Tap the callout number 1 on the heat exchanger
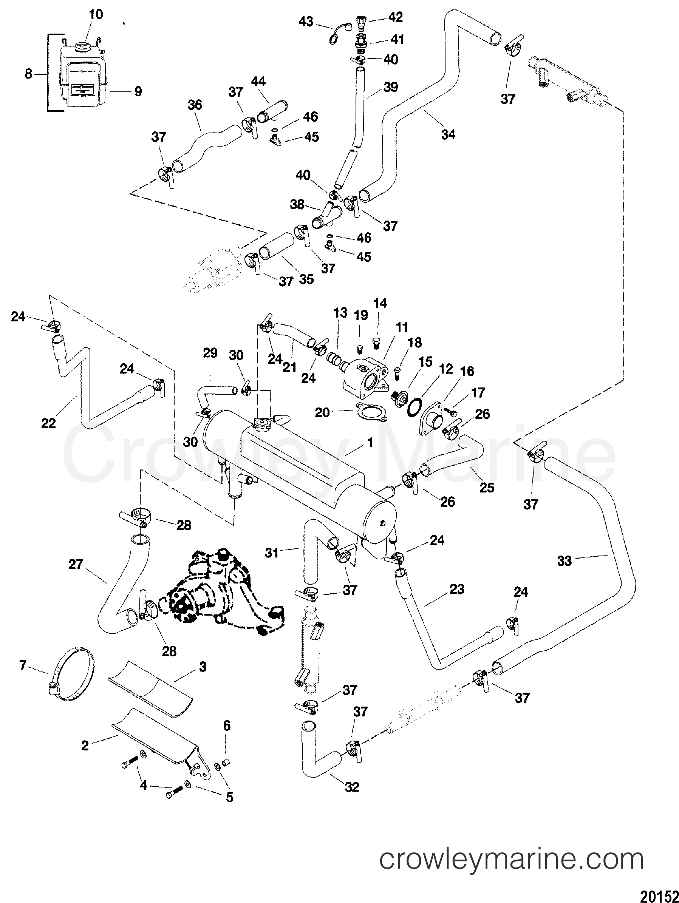pyautogui.click(x=370, y=443)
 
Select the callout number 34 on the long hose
pyautogui.click(x=448, y=134)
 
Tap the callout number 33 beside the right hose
pyautogui.click(x=565, y=560)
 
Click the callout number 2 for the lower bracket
pyautogui.click(x=85, y=746)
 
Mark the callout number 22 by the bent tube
pyautogui.click(x=48, y=423)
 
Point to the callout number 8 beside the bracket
pyautogui.click(x=28, y=74)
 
